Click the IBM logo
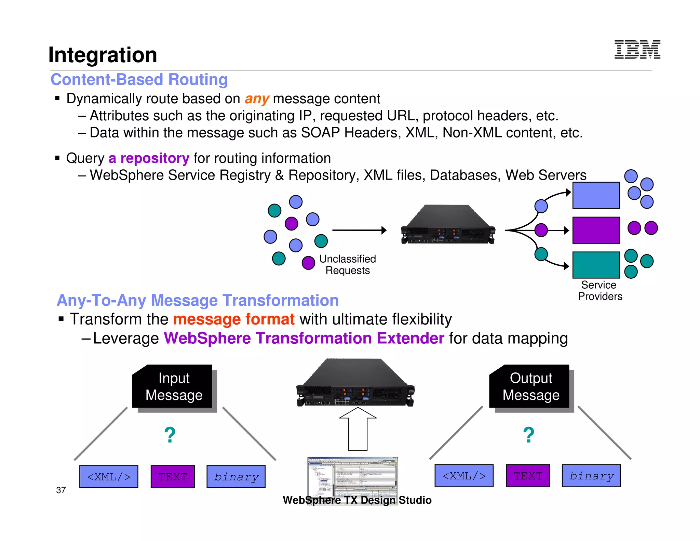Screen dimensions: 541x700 point(637,50)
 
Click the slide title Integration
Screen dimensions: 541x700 point(103,55)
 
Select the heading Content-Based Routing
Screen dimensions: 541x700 point(139,80)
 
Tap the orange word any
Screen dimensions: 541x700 point(257,99)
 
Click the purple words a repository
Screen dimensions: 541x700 point(149,158)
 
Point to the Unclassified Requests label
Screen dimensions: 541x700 point(347,265)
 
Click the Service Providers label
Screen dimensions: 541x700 point(600,291)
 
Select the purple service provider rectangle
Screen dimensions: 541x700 point(596,230)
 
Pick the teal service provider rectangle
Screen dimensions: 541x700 point(596,265)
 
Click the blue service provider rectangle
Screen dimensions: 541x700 point(596,195)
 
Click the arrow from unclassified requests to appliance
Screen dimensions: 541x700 point(359,230)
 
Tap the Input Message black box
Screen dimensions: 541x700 point(173,386)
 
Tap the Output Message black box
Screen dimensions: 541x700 point(530,386)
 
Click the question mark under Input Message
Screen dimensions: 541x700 point(170,435)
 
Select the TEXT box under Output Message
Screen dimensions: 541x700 point(528,476)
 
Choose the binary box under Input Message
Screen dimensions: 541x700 point(236,477)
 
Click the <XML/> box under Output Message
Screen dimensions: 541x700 point(464,476)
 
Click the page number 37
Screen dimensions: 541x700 point(61,490)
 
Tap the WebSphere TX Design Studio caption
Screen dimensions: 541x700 point(357,500)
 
